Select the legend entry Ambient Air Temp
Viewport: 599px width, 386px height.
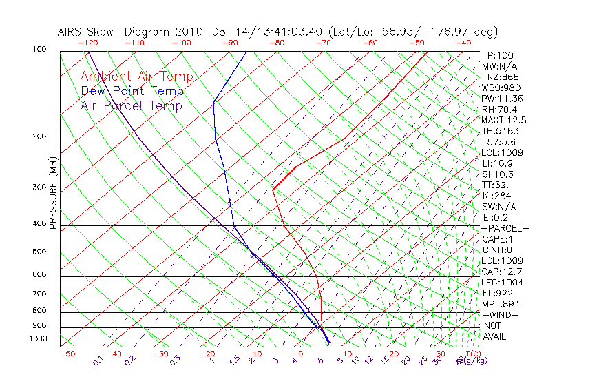pos(136,77)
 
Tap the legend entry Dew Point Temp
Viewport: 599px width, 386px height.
pos(132,91)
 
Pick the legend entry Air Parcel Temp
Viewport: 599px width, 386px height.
pos(131,105)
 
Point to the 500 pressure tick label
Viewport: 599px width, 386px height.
pos(40,252)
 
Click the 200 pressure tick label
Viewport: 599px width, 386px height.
pos(40,137)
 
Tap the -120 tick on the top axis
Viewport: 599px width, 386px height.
pos(87,43)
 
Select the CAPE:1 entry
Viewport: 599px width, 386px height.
pos(496,239)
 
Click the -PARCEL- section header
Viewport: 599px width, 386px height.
pos(505,228)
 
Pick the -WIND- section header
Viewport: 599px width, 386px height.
pos(500,314)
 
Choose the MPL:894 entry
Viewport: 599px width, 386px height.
pos(499,304)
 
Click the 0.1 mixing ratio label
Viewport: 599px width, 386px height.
pos(98,361)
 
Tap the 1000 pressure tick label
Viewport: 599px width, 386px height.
pos(39,339)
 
